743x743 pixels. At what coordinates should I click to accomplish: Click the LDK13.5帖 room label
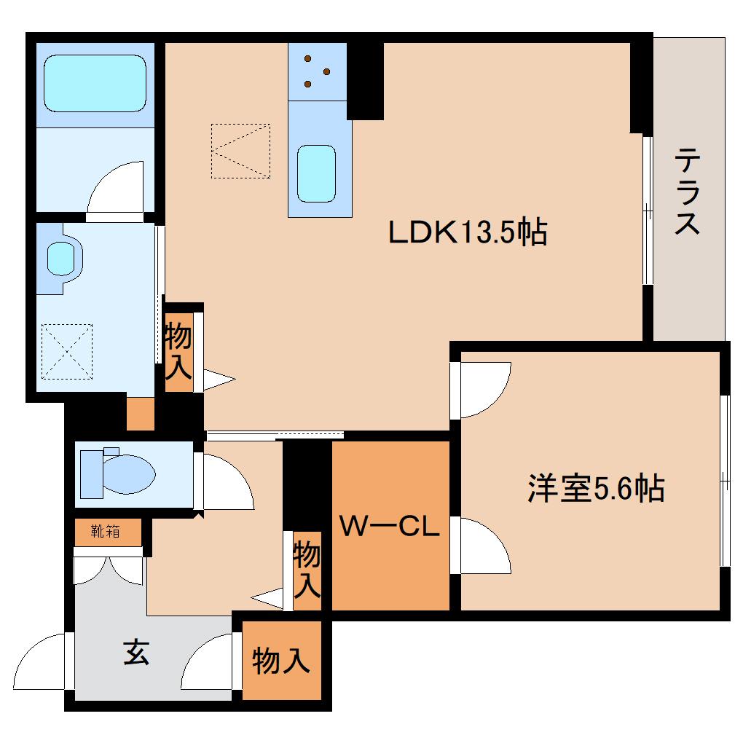pyautogui.click(x=467, y=233)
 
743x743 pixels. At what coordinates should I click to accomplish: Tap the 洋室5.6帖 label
pyautogui.click(x=596, y=488)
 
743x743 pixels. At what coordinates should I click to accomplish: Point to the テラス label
pyautogui.click(x=688, y=191)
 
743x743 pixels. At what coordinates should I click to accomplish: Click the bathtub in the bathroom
pyautogui.click(x=95, y=84)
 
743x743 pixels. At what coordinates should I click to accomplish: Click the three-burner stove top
pyautogui.click(x=317, y=71)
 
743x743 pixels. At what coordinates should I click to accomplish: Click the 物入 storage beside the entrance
pyautogui.click(x=281, y=661)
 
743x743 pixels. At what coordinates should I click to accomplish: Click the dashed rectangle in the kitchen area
pyautogui.click(x=240, y=151)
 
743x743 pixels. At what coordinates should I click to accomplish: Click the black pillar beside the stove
pyautogui.click(x=365, y=80)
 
